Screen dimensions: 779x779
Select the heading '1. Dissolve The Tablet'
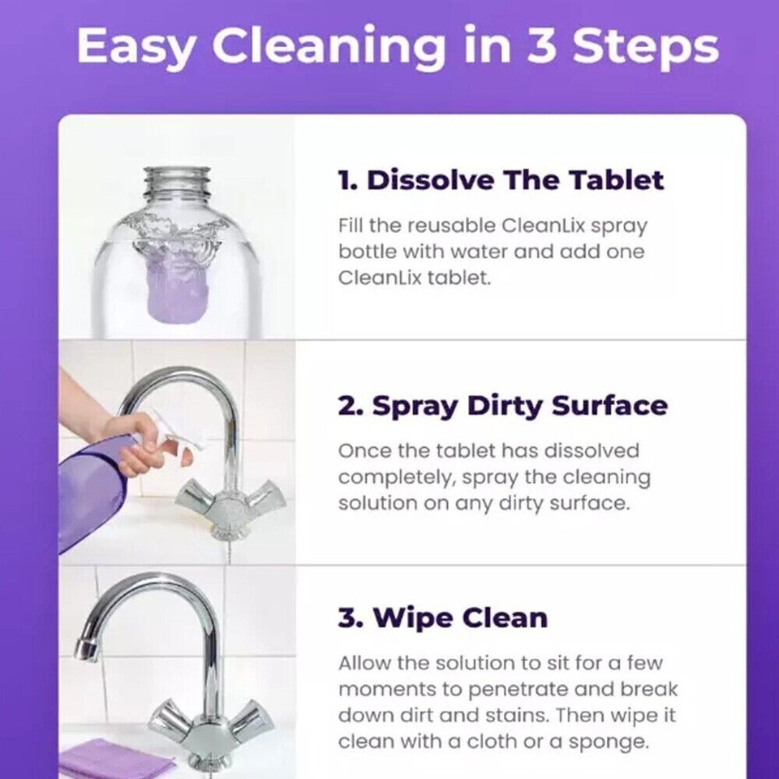coord(501,180)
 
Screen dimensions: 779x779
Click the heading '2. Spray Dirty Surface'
coord(502,406)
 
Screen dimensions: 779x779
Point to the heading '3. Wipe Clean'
coord(442,618)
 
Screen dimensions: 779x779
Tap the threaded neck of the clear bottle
coord(176,183)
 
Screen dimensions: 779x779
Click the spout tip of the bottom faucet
coord(84,648)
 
